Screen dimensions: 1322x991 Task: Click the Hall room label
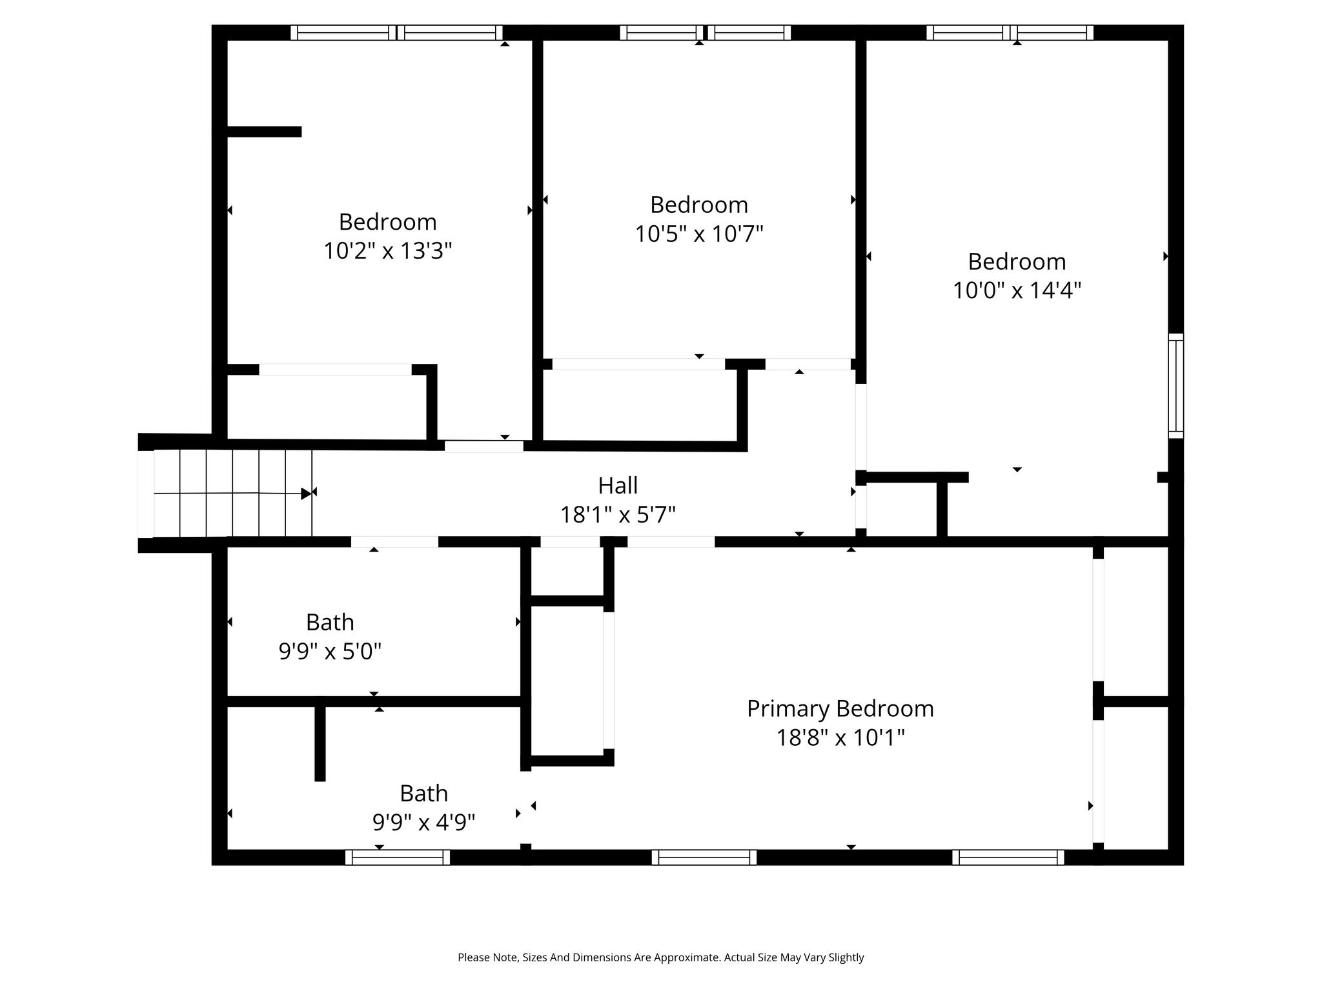click(618, 485)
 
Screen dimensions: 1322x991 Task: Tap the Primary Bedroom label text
click(840, 709)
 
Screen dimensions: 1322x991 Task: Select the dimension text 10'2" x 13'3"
click(387, 250)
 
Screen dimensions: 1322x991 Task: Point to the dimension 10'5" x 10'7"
click(699, 234)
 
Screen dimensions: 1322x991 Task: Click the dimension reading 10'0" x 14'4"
click(1017, 290)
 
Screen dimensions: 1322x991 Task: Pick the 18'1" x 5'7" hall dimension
click(618, 515)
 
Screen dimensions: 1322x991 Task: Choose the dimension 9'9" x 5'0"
click(330, 652)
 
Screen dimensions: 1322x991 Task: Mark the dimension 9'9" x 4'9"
click(423, 823)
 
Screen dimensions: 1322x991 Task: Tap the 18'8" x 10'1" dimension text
click(840, 737)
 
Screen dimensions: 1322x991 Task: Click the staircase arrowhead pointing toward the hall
click(306, 494)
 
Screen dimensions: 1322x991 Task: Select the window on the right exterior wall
click(1176, 386)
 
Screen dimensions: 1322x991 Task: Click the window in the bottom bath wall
click(398, 857)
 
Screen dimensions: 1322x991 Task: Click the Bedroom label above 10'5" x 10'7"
click(699, 205)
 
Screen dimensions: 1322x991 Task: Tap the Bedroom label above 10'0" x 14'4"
click(1017, 261)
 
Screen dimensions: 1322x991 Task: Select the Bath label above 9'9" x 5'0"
click(330, 623)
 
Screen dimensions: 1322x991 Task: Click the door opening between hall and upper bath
click(394, 542)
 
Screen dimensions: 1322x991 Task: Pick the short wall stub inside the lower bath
click(320, 744)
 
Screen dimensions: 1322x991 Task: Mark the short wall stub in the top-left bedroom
click(264, 132)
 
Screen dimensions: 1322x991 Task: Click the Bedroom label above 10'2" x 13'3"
click(387, 222)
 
